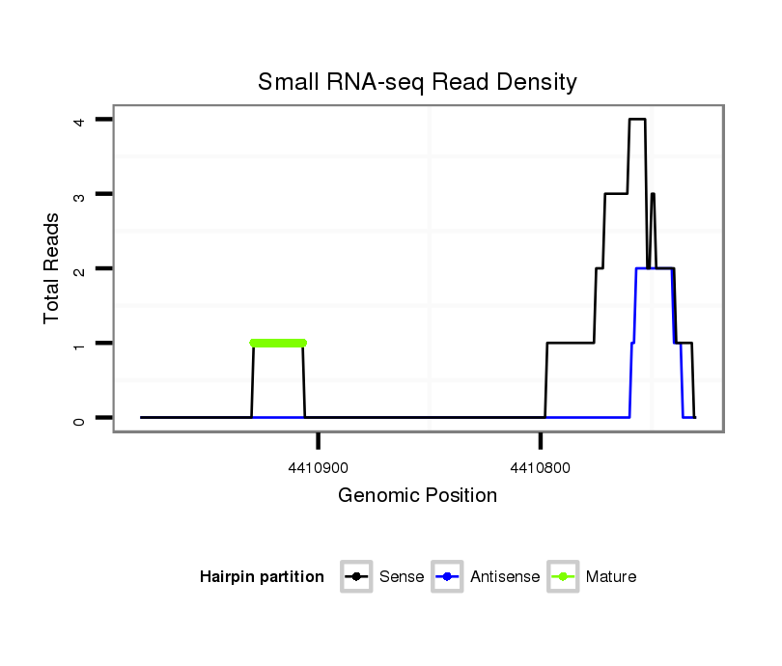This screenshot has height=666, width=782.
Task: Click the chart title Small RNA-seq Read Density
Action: tap(417, 82)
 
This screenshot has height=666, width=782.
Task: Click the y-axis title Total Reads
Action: tap(52, 268)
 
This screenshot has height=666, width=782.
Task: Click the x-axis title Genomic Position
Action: tap(417, 496)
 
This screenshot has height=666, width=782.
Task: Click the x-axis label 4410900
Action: tap(319, 468)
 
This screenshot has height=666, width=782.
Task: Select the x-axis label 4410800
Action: tap(541, 468)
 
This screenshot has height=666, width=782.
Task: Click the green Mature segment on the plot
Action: tap(278, 343)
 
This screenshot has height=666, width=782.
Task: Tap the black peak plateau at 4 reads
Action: tap(637, 120)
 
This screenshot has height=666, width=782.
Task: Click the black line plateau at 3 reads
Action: tap(616, 194)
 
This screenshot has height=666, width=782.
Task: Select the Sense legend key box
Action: tap(357, 577)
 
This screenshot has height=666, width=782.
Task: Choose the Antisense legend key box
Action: tap(448, 577)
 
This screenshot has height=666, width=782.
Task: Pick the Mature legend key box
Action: tap(563, 577)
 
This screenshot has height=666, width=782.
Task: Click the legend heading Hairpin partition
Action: tap(262, 577)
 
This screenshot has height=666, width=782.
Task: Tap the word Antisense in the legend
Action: tap(505, 577)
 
